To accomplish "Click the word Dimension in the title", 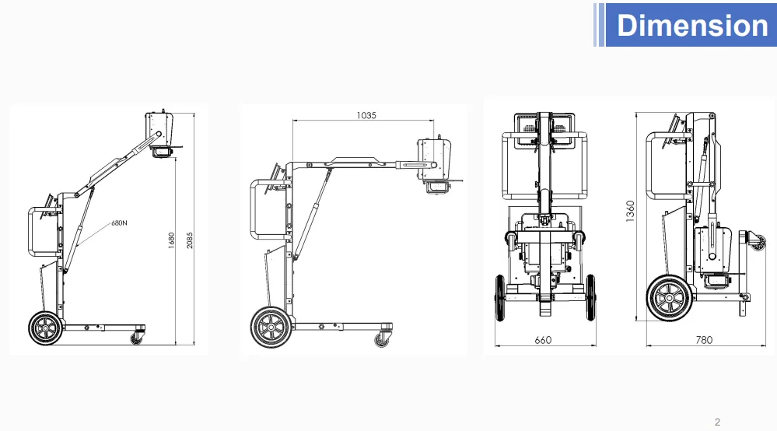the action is [x=692, y=25].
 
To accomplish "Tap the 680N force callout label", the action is [x=119, y=223].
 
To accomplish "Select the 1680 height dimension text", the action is [x=171, y=240].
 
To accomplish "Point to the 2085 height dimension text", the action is [x=189, y=240].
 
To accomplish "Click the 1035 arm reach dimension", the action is [x=366, y=115].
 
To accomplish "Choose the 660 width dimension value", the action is [x=543, y=340].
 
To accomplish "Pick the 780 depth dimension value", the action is [x=704, y=340].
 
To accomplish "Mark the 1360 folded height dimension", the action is [x=630, y=211].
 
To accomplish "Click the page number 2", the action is [x=717, y=422].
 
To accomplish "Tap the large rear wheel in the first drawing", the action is [x=46, y=328].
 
